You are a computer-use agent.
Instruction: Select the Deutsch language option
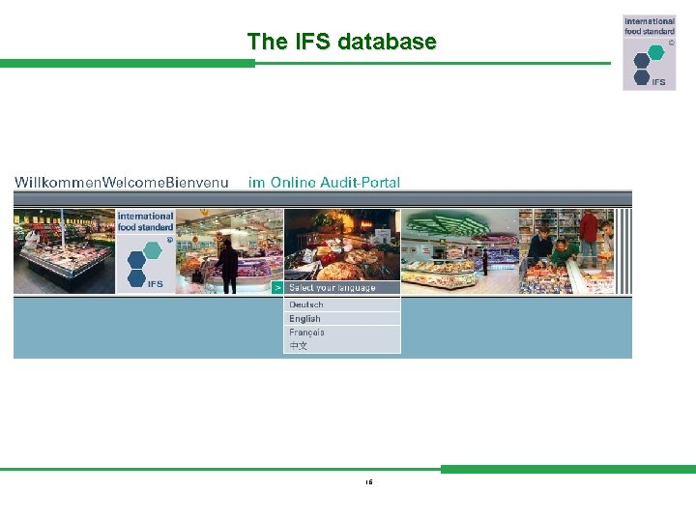point(306,304)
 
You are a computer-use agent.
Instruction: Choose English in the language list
point(305,319)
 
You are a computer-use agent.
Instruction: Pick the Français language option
point(307,333)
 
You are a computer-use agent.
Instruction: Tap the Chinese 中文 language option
point(299,346)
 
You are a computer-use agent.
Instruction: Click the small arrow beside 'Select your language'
point(277,288)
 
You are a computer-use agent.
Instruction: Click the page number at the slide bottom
point(369,481)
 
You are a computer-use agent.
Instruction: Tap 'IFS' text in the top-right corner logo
point(658,81)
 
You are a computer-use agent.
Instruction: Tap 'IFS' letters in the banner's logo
point(155,284)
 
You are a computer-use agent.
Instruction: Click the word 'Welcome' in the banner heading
point(133,183)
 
